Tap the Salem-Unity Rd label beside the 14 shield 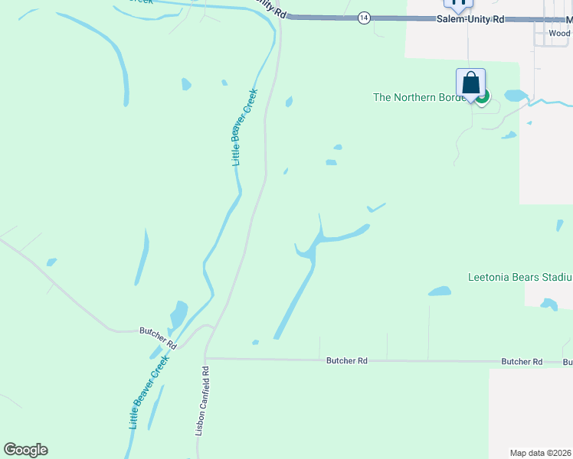point(470,18)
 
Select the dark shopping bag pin point(470,84)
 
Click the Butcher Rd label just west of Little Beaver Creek point(158,331)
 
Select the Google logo point(25,450)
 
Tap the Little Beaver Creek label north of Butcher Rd point(244,127)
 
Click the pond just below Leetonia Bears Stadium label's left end point(440,291)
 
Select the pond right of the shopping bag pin point(516,96)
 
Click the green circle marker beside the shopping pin point(483,96)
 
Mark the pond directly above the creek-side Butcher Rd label point(178,314)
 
